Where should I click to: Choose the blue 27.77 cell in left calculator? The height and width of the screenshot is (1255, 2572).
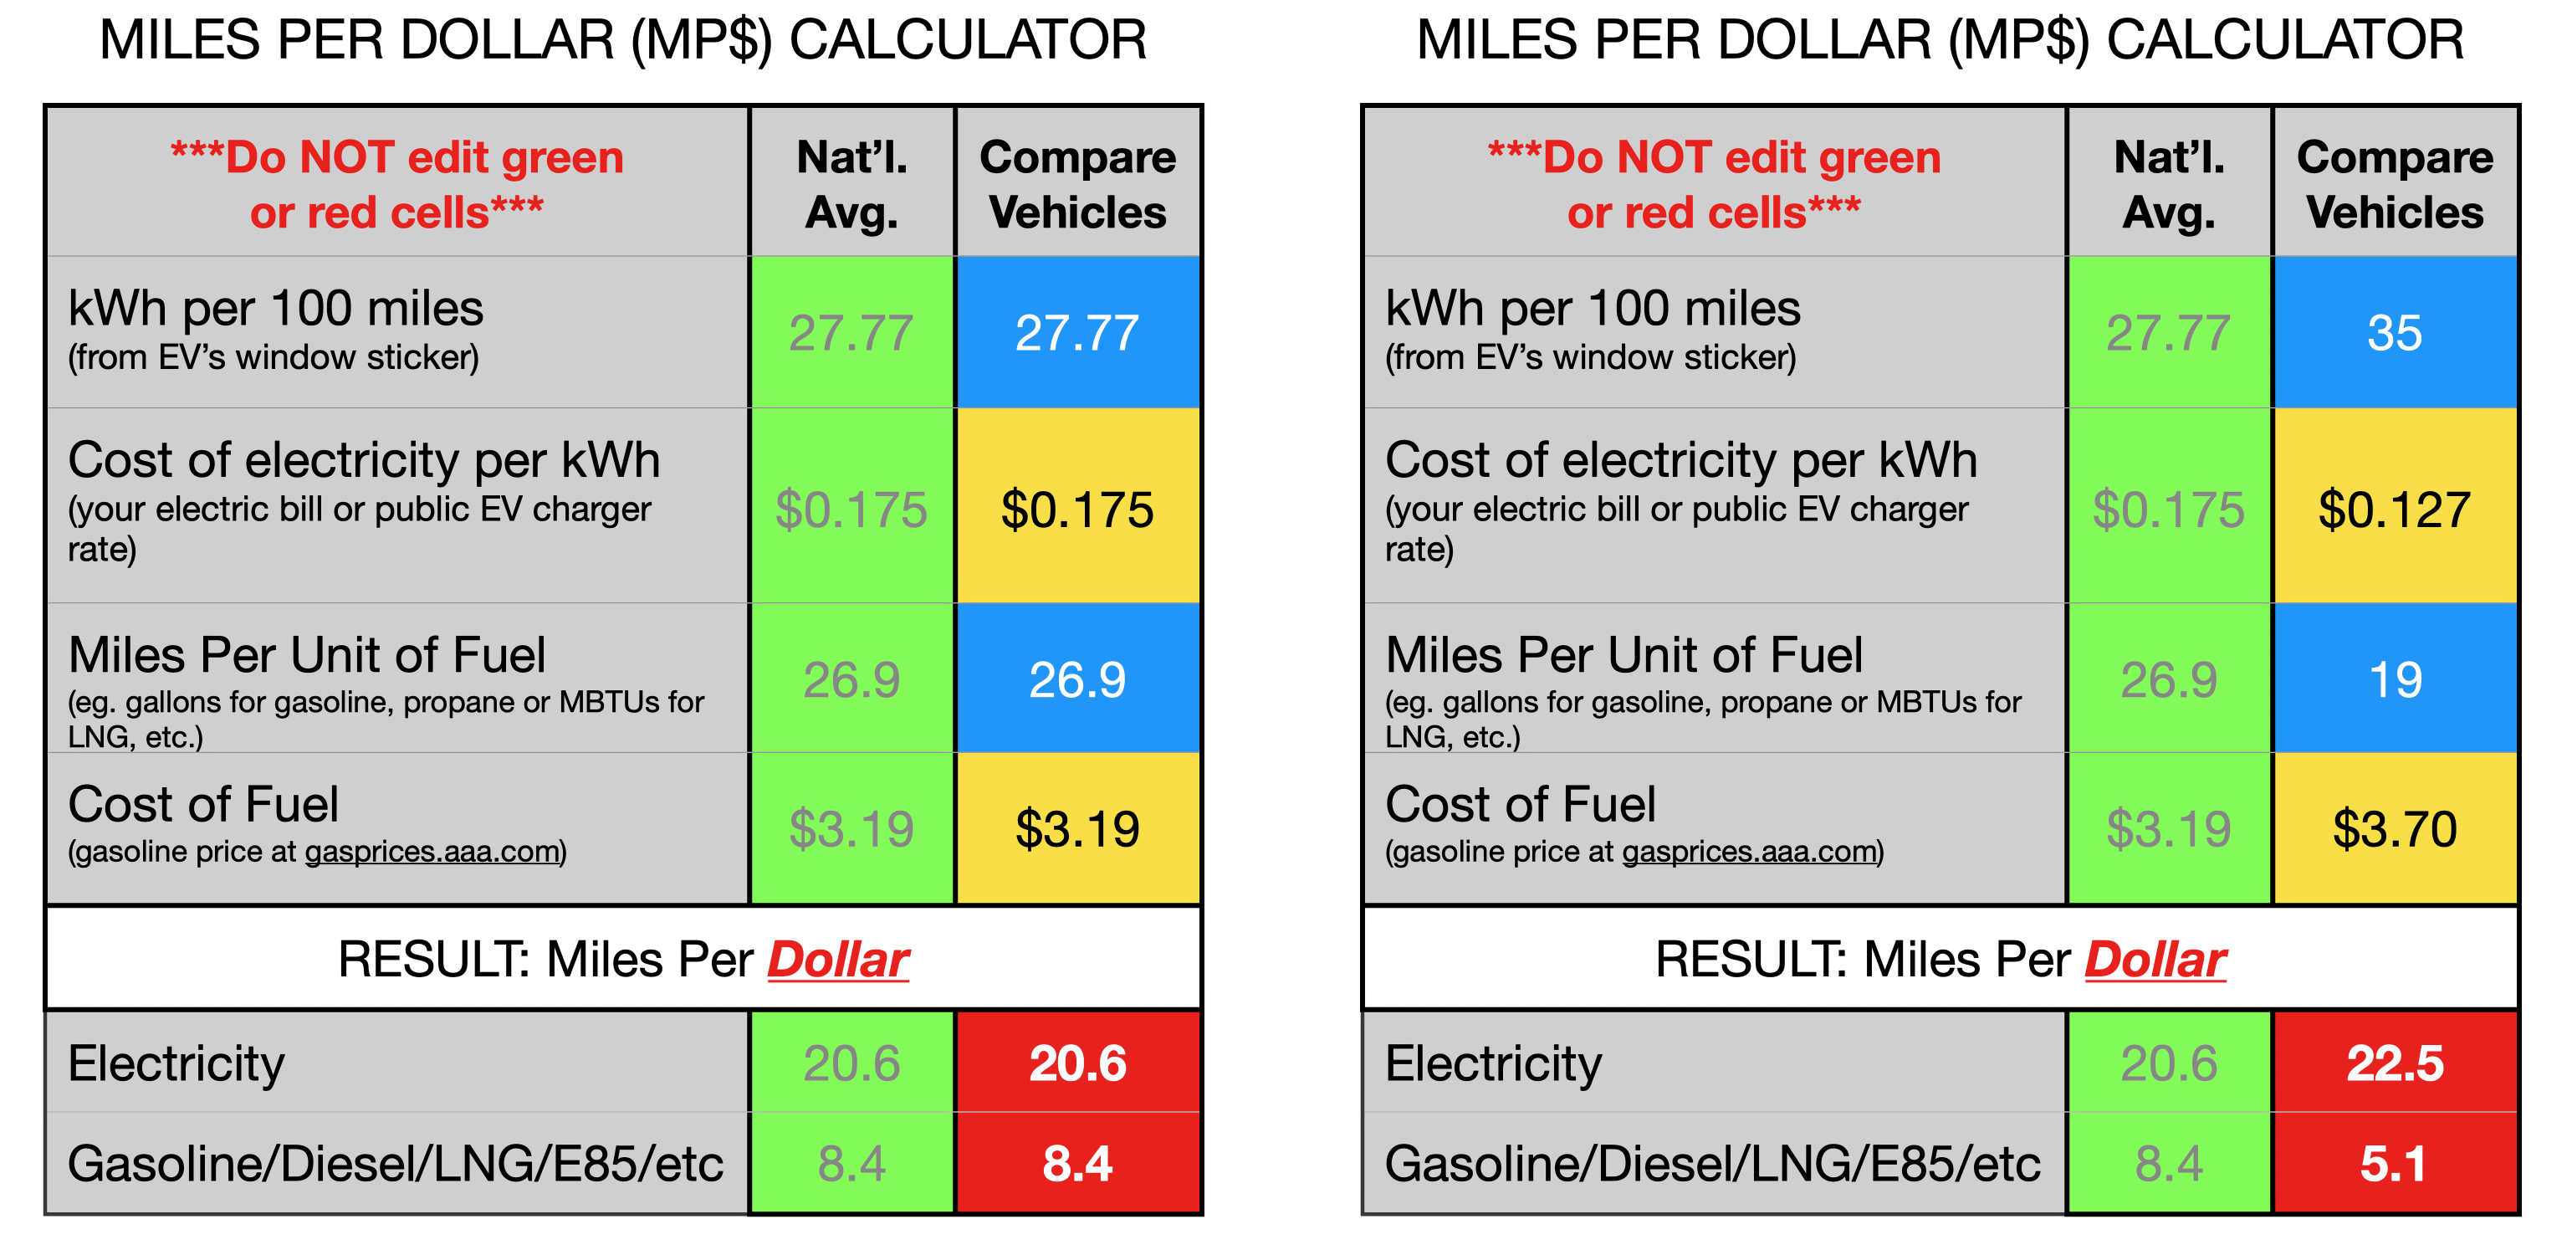point(1076,332)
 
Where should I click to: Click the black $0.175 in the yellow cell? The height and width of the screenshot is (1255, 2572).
point(1076,510)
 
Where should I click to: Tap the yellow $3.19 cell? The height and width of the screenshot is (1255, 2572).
point(1076,828)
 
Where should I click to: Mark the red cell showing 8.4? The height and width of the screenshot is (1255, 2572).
point(1076,1163)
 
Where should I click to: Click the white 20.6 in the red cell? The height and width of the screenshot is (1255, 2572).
point(1076,1063)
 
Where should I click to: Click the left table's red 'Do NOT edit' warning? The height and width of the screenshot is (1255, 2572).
point(397,185)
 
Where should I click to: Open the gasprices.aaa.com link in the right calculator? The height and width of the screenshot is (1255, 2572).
point(1749,852)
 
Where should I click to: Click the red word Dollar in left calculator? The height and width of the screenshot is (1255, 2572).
point(838,960)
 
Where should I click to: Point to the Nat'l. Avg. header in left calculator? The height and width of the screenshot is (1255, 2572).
point(851,185)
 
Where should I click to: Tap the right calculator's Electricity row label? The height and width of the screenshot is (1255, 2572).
point(1493,1063)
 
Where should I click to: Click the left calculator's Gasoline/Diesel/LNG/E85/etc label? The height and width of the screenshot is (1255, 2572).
point(396,1163)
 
